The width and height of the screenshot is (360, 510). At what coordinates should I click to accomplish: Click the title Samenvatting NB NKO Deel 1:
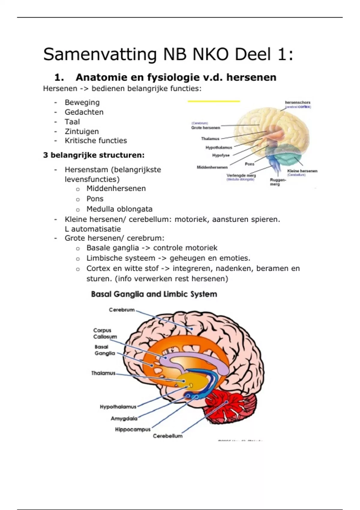(168, 55)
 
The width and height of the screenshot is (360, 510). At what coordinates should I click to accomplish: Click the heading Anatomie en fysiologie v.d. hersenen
(175, 77)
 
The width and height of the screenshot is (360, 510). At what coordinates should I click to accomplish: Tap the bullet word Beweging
(82, 102)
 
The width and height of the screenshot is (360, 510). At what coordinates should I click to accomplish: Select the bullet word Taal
(72, 122)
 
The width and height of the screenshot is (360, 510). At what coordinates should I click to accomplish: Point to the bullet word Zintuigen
(82, 131)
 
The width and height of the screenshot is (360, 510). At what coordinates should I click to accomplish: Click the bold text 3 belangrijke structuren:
(94, 155)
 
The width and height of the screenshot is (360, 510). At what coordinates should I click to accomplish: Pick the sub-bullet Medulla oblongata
(119, 209)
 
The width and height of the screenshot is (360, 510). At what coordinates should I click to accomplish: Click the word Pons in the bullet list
(95, 199)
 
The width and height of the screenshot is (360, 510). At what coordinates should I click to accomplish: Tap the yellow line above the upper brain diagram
(214, 101)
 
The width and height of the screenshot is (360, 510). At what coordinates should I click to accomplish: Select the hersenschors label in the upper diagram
(297, 103)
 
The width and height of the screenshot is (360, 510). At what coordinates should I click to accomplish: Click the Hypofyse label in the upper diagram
(221, 155)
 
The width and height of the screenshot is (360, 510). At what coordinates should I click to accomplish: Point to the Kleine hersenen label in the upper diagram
(302, 171)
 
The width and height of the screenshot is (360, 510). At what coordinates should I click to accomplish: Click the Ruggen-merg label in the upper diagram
(277, 182)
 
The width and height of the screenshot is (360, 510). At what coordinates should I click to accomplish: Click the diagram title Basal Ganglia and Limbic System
(154, 294)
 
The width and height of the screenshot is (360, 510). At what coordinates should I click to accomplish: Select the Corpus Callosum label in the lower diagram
(105, 334)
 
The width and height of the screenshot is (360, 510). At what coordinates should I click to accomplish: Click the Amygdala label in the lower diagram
(124, 418)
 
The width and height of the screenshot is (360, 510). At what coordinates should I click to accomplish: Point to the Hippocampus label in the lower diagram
(133, 430)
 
